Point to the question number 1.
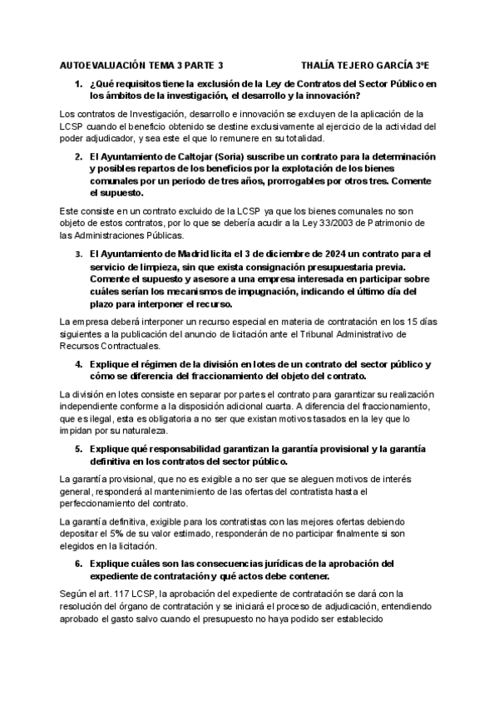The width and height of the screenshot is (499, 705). (78, 84)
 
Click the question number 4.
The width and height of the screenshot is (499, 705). (78, 364)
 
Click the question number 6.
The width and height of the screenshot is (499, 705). (78, 564)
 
